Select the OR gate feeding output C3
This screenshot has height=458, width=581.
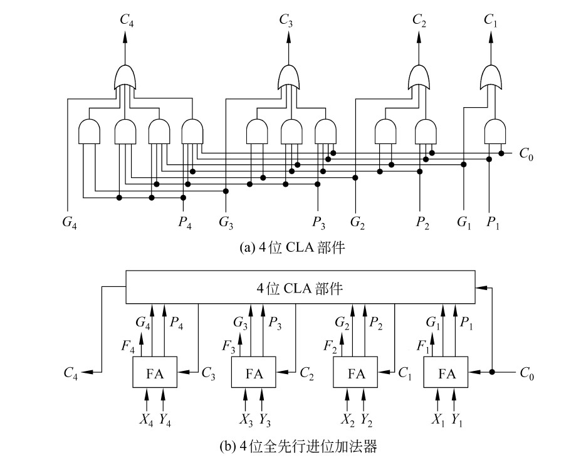pos(288,78)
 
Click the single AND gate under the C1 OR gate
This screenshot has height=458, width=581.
pos(495,132)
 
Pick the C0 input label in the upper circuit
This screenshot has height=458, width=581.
pos(527,154)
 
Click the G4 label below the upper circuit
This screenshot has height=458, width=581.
pos(68,221)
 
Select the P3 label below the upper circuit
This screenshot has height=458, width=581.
pos(318,221)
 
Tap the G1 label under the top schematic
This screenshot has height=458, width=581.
pos(464,221)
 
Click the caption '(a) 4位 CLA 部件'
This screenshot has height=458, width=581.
pos(293,248)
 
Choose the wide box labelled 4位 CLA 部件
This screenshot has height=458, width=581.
pos(300,288)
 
